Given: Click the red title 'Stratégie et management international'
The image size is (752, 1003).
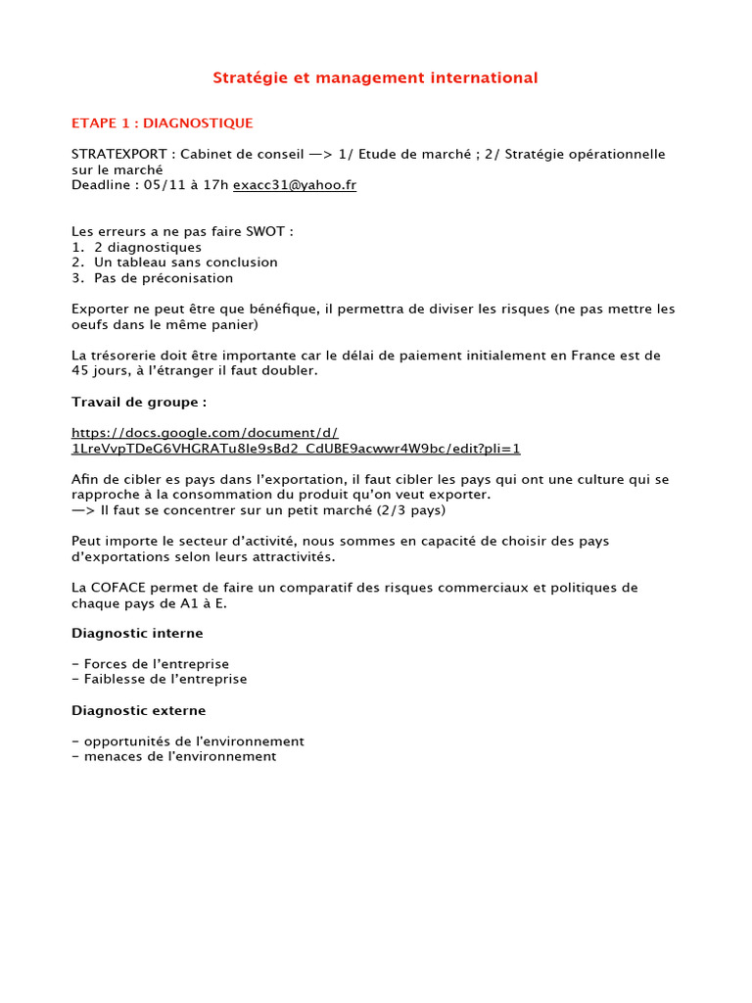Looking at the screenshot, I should point(376,77).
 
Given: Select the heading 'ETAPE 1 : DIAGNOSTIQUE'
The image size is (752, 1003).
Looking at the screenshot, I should point(163,123).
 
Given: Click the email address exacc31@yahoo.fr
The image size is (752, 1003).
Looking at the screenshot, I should point(295,185).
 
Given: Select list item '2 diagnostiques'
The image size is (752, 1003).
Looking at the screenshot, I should point(148,248).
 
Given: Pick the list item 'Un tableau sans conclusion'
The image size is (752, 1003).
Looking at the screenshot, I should point(186,263).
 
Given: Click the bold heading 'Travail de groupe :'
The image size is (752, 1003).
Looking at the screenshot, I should point(139,402).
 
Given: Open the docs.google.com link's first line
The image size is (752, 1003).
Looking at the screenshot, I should point(205,433).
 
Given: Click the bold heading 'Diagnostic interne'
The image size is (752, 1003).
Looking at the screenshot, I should point(137,634).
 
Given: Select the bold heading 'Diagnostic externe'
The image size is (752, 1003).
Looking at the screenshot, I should point(139,710).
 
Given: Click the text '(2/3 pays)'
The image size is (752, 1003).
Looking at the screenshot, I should point(412,510).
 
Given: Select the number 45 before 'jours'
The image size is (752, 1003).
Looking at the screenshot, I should point(80,370).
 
